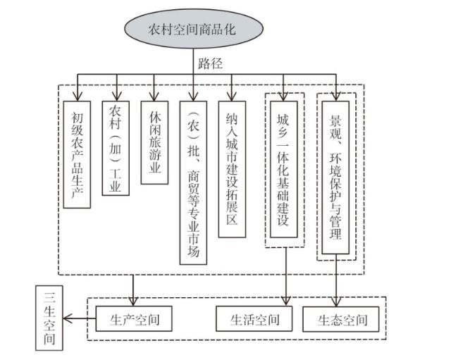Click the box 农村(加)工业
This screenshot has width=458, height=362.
click(x=115, y=147)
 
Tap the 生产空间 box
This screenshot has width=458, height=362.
click(x=134, y=320)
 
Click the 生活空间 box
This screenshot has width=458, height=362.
click(x=254, y=320)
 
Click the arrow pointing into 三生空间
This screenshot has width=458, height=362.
click(x=68, y=320)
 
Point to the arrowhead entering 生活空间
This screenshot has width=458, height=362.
click(x=286, y=303)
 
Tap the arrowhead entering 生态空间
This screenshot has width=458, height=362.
click(x=335, y=303)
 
